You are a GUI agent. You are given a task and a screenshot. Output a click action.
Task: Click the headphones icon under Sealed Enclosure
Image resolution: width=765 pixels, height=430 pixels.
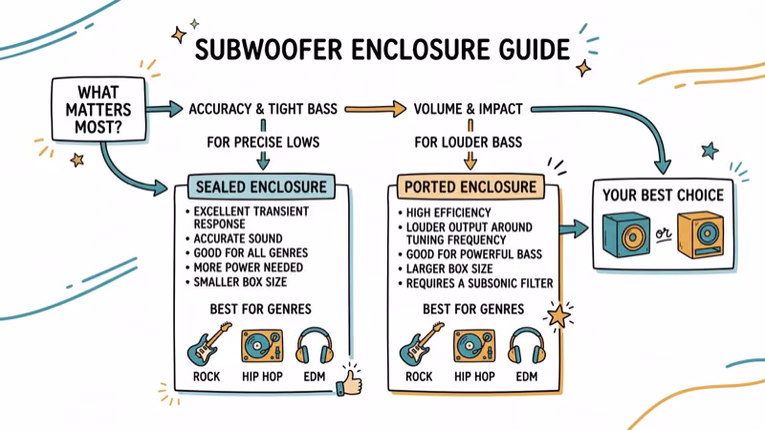tap(315, 346)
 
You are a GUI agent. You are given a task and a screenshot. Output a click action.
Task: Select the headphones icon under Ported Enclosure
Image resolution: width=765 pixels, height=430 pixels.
tap(528, 346)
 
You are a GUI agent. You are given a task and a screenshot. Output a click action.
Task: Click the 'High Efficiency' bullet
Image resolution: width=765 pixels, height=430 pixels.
tap(448, 213)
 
